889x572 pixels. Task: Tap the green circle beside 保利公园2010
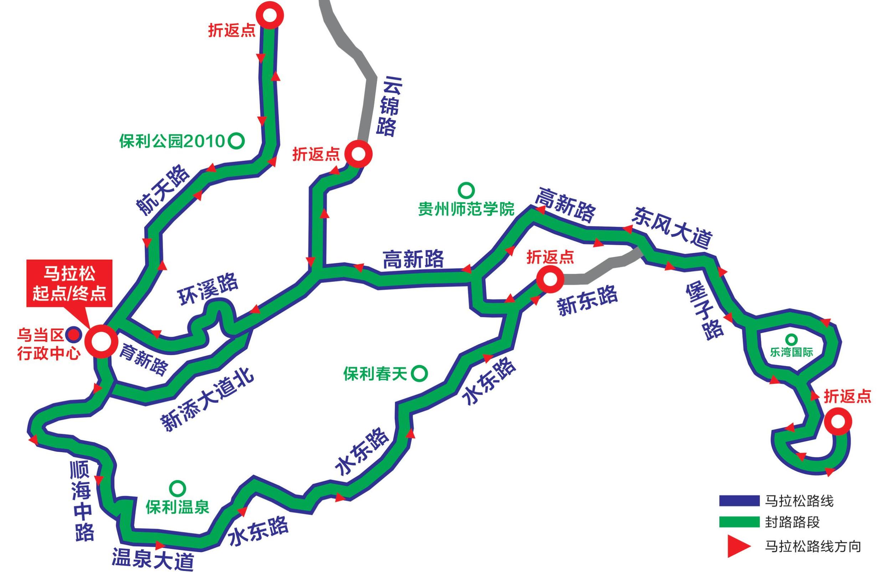click(236, 141)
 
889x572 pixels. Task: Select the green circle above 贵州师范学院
click(466, 190)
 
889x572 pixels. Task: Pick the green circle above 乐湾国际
click(791, 339)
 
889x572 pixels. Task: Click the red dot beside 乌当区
click(74, 335)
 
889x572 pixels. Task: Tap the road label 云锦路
click(388, 107)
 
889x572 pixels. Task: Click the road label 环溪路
click(208, 288)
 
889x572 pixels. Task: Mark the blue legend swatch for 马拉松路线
click(739, 501)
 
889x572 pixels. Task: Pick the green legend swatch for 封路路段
click(739, 522)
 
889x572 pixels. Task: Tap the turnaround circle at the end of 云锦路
click(358, 154)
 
